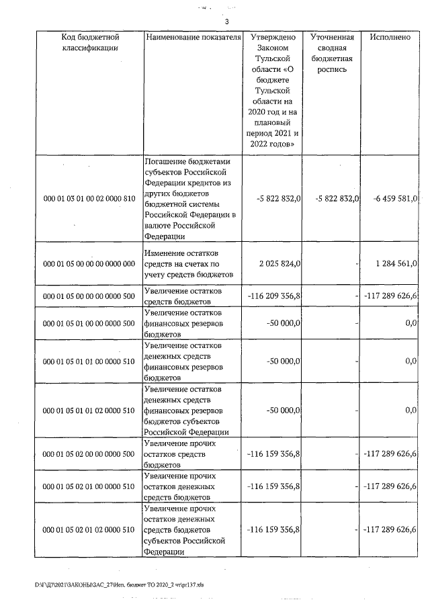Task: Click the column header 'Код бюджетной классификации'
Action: click(89, 42)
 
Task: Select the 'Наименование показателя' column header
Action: click(193, 37)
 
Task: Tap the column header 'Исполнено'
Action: click(390, 37)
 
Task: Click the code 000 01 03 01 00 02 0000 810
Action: click(89, 199)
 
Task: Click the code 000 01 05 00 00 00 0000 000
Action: click(89, 263)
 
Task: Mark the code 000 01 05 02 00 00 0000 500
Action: click(89, 453)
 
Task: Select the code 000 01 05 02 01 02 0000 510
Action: click(89, 529)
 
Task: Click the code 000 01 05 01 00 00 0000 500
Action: click(89, 324)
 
